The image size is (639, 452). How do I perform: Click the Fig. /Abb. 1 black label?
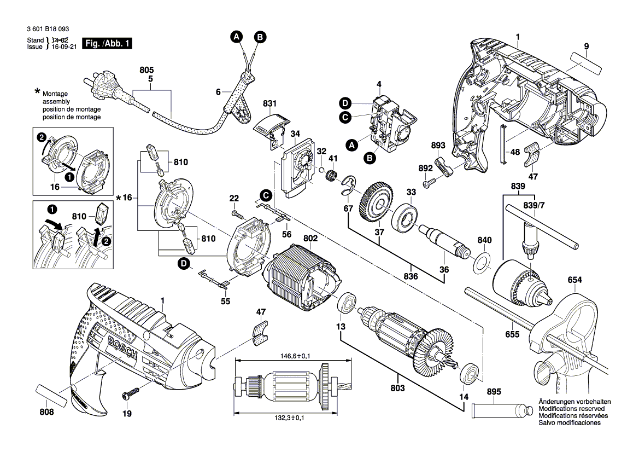[x=107, y=43]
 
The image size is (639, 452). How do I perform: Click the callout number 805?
[x=147, y=70]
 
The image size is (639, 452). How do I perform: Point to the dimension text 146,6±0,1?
[x=292, y=356]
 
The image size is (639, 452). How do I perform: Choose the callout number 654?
[x=574, y=280]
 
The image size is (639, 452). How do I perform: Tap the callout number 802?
[x=310, y=239]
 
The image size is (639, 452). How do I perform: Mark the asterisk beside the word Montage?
[x=37, y=91]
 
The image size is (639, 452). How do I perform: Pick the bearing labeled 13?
[x=347, y=304]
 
